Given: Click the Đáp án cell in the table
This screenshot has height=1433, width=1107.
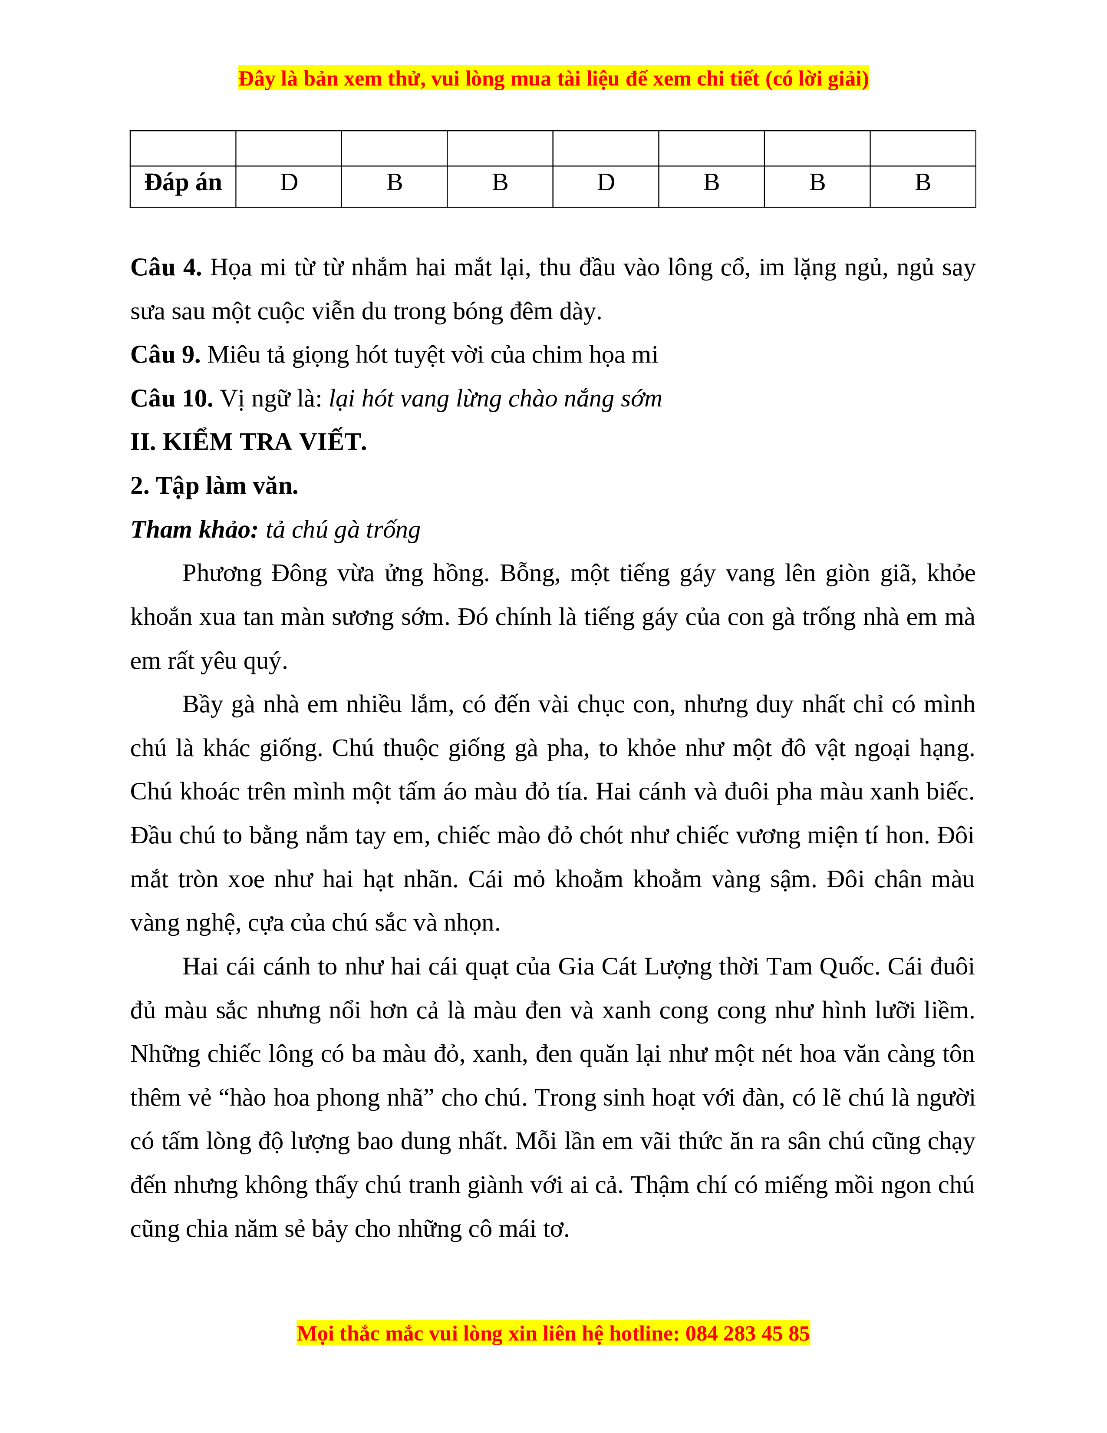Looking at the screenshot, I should (183, 183).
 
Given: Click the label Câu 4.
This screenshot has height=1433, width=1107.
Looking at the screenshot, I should (166, 267).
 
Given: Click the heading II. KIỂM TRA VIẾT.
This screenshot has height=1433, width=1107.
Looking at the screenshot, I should (249, 442).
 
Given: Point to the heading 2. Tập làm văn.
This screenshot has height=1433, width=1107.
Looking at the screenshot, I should (214, 486).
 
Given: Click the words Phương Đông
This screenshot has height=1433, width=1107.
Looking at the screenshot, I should (254, 574).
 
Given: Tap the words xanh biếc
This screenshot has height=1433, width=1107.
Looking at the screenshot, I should (921, 792).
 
